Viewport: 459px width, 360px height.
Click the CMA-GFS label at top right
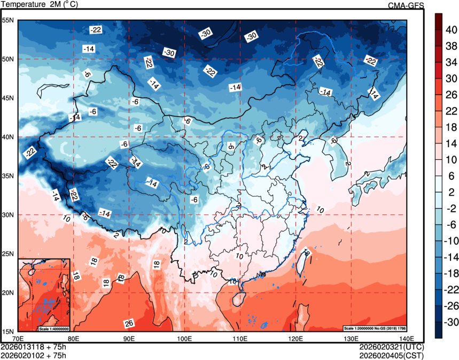point(405,5)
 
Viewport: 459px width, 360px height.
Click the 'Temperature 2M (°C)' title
point(38,5)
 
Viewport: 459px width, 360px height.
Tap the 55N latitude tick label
point(8,20)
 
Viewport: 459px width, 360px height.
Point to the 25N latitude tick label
point(8,254)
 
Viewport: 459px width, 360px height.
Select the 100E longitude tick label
point(184,339)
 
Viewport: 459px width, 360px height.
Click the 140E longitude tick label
point(407,339)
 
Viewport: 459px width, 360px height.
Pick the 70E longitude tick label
point(18,339)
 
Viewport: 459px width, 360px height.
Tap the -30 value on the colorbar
point(452,321)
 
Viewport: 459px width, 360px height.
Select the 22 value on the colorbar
point(452,111)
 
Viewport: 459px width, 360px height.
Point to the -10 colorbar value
point(452,241)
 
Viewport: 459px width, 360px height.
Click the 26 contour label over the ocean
point(129,323)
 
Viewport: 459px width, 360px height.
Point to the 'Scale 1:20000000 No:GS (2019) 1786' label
point(375,328)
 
